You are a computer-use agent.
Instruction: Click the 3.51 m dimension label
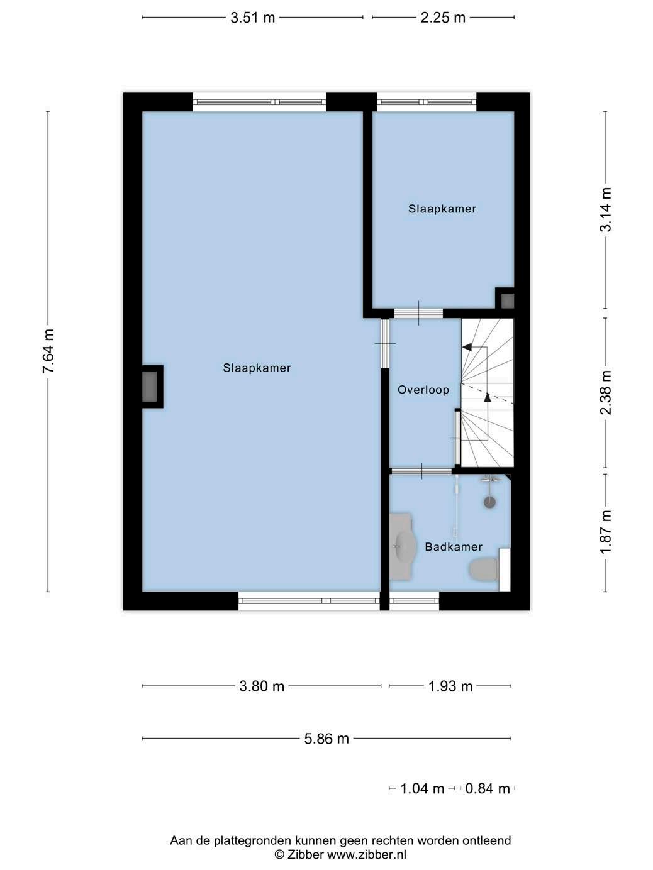click(252, 18)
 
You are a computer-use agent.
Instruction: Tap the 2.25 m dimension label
click(443, 18)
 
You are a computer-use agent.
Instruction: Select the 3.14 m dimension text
click(605, 209)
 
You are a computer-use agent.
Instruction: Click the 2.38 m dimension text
click(605, 392)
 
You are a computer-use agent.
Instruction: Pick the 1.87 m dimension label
click(605, 532)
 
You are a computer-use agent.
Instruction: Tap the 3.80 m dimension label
click(262, 686)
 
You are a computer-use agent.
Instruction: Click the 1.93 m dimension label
click(450, 686)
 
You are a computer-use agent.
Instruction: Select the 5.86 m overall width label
click(326, 739)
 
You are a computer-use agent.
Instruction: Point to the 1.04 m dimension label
click(422, 789)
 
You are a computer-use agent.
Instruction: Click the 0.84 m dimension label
click(488, 789)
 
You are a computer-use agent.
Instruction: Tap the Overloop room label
click(423, 390)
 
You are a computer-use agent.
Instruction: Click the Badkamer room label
click(454, 547)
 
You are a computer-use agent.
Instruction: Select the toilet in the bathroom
click(484, 570)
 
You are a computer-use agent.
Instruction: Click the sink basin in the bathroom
click(405, 547)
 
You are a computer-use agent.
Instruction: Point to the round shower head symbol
click(490, 503)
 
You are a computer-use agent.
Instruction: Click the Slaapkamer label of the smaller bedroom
click(442, 209)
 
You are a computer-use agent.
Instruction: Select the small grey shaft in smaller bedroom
click(508, 300)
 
